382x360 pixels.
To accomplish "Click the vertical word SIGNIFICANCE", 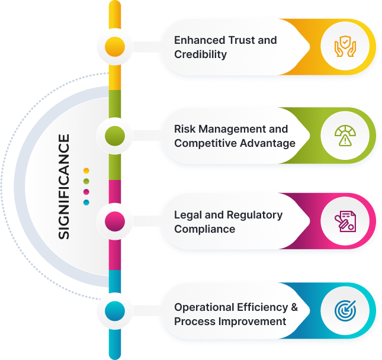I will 63,187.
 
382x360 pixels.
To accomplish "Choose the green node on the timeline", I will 115,136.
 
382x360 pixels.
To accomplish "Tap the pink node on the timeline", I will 115,221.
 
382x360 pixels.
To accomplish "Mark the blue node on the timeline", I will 115,310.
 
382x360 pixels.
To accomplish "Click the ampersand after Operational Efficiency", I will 293,307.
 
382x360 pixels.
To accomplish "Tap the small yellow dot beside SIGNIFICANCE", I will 86,171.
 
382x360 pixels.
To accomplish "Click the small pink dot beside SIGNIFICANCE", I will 86,192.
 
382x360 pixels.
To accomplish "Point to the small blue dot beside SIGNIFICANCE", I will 86,202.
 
